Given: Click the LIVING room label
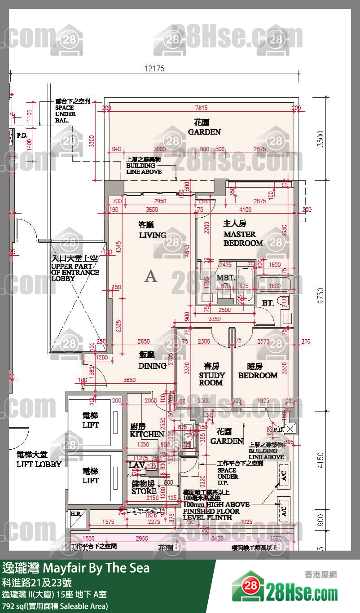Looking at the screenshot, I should tap(152, 235).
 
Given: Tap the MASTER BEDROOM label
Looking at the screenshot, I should tap(243, 239).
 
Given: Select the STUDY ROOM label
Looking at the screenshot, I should tap(211, 379).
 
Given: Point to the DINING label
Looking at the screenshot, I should tap(152, 366).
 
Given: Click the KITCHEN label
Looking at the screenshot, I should tap(147, 434).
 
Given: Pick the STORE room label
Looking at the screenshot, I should tap(144, 491).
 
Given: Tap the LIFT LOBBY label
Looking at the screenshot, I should tap(39, 464).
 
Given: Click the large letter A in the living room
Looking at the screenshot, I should tap(151, 276).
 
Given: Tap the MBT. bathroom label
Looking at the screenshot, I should tap(225, 278).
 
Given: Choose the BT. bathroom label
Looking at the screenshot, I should tap(268, 303).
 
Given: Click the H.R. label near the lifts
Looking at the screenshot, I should tap(75, 513).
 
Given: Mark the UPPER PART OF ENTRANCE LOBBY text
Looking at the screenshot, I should tap(75, 272).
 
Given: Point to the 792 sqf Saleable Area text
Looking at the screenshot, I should tap(55, 606).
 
